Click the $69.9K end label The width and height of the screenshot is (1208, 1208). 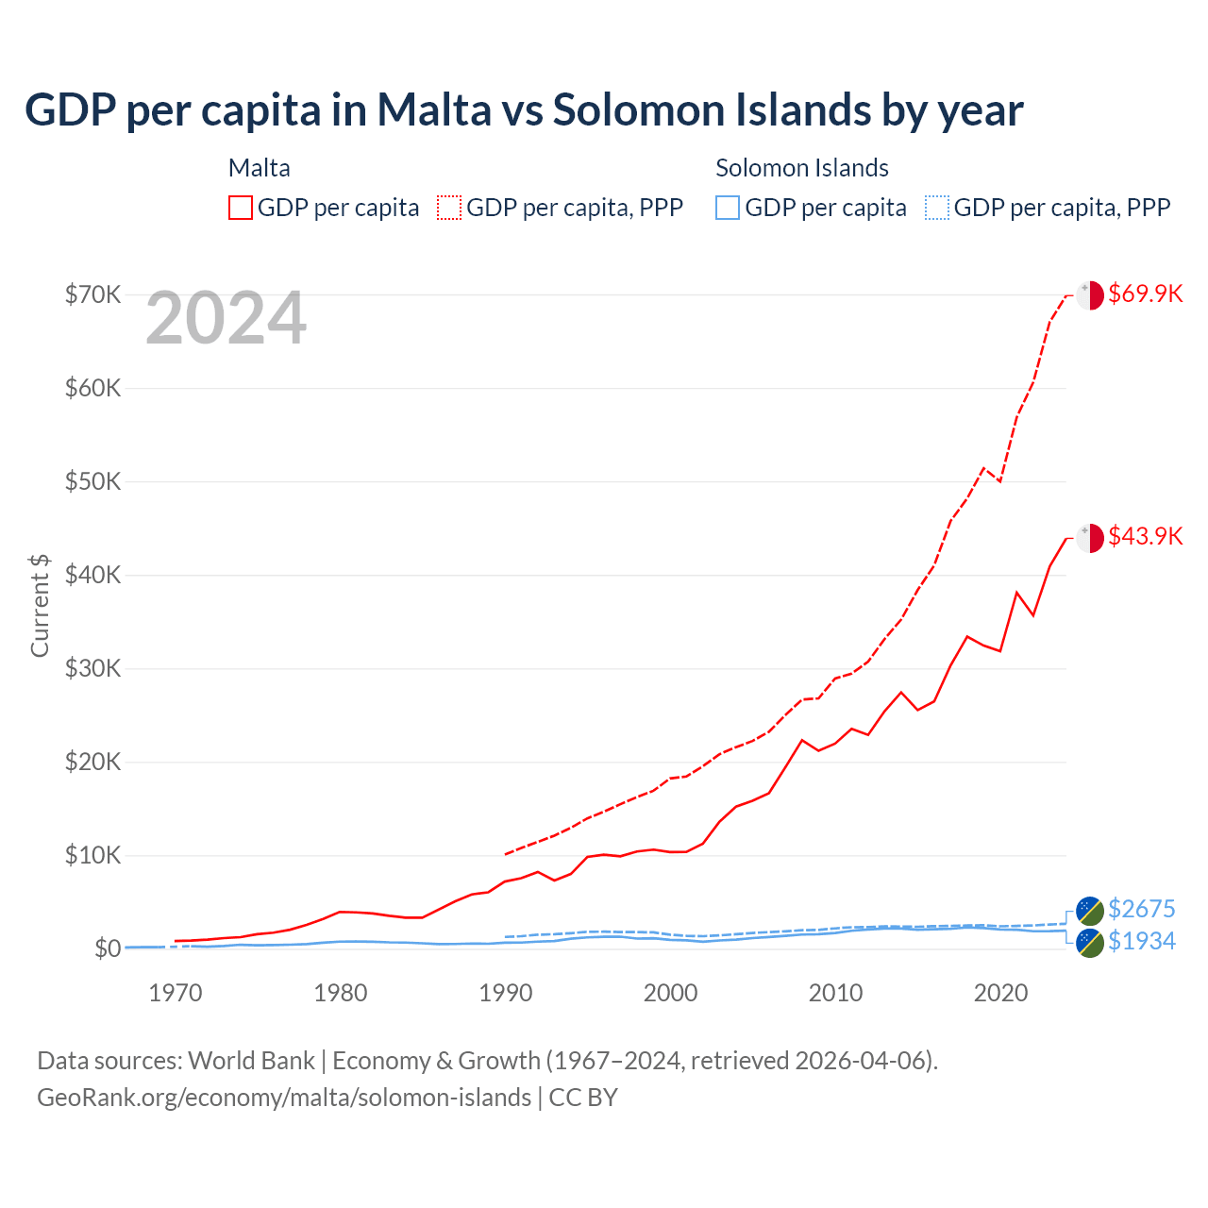(x=1145, y=294)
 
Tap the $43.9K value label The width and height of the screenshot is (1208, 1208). (x=1145, y=536)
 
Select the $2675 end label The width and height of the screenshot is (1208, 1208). (x=1141, y=909)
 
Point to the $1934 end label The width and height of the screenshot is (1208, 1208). (x=1141, y=941)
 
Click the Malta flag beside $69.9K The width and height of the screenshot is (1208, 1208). (x=1090, y=294)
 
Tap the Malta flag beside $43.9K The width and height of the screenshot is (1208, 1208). (x=1090, y=538)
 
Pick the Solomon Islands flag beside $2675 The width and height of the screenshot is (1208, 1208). (x=1090, y=911)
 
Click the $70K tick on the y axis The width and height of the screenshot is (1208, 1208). (x=92, y=294)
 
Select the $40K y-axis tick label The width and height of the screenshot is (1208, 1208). (x=92, y=575)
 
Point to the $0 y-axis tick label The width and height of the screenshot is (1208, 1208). (x=108, y=948)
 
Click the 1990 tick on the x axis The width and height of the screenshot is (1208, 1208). (x=506, y=993)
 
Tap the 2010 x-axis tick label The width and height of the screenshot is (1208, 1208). (x=835, y=993)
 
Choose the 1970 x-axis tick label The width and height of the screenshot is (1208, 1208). (x=176, y=993)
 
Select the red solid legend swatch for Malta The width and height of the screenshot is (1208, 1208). (x=241, y=208)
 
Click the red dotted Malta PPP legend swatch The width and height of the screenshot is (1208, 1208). (x=449, y=208)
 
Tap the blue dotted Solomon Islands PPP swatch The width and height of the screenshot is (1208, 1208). (x=936, y=208)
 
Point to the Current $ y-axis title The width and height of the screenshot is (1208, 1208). (x=40, y=606)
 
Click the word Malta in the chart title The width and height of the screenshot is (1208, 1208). (x=434, y=109)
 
